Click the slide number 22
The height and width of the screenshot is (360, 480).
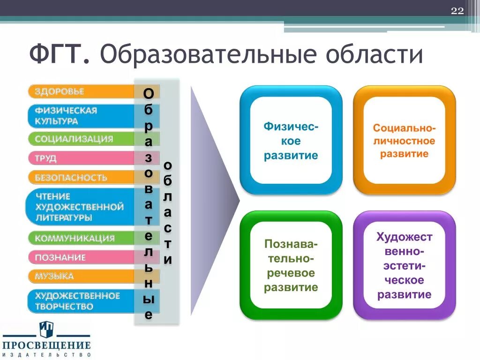[457, 11]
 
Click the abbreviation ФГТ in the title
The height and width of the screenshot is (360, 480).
[58, 55]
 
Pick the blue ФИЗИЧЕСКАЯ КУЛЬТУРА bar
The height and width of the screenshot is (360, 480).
[80, 116]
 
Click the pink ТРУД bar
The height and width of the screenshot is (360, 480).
[80, 158]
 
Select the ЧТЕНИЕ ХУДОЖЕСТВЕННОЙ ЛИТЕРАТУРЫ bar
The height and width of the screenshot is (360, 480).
[80, 207]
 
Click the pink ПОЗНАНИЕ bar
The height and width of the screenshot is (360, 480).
[80, 257]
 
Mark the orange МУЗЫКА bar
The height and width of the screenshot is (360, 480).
[80, 276]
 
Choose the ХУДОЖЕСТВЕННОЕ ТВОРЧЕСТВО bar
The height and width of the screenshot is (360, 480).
[80, 301]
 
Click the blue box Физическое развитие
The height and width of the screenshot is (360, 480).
[291, 140]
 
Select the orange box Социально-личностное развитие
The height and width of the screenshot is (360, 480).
[404, 140]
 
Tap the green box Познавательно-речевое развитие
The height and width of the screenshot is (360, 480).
[291, 265]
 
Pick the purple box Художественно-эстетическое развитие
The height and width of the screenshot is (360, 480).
[404, 265]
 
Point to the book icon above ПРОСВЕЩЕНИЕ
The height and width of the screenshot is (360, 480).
[46, 327]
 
